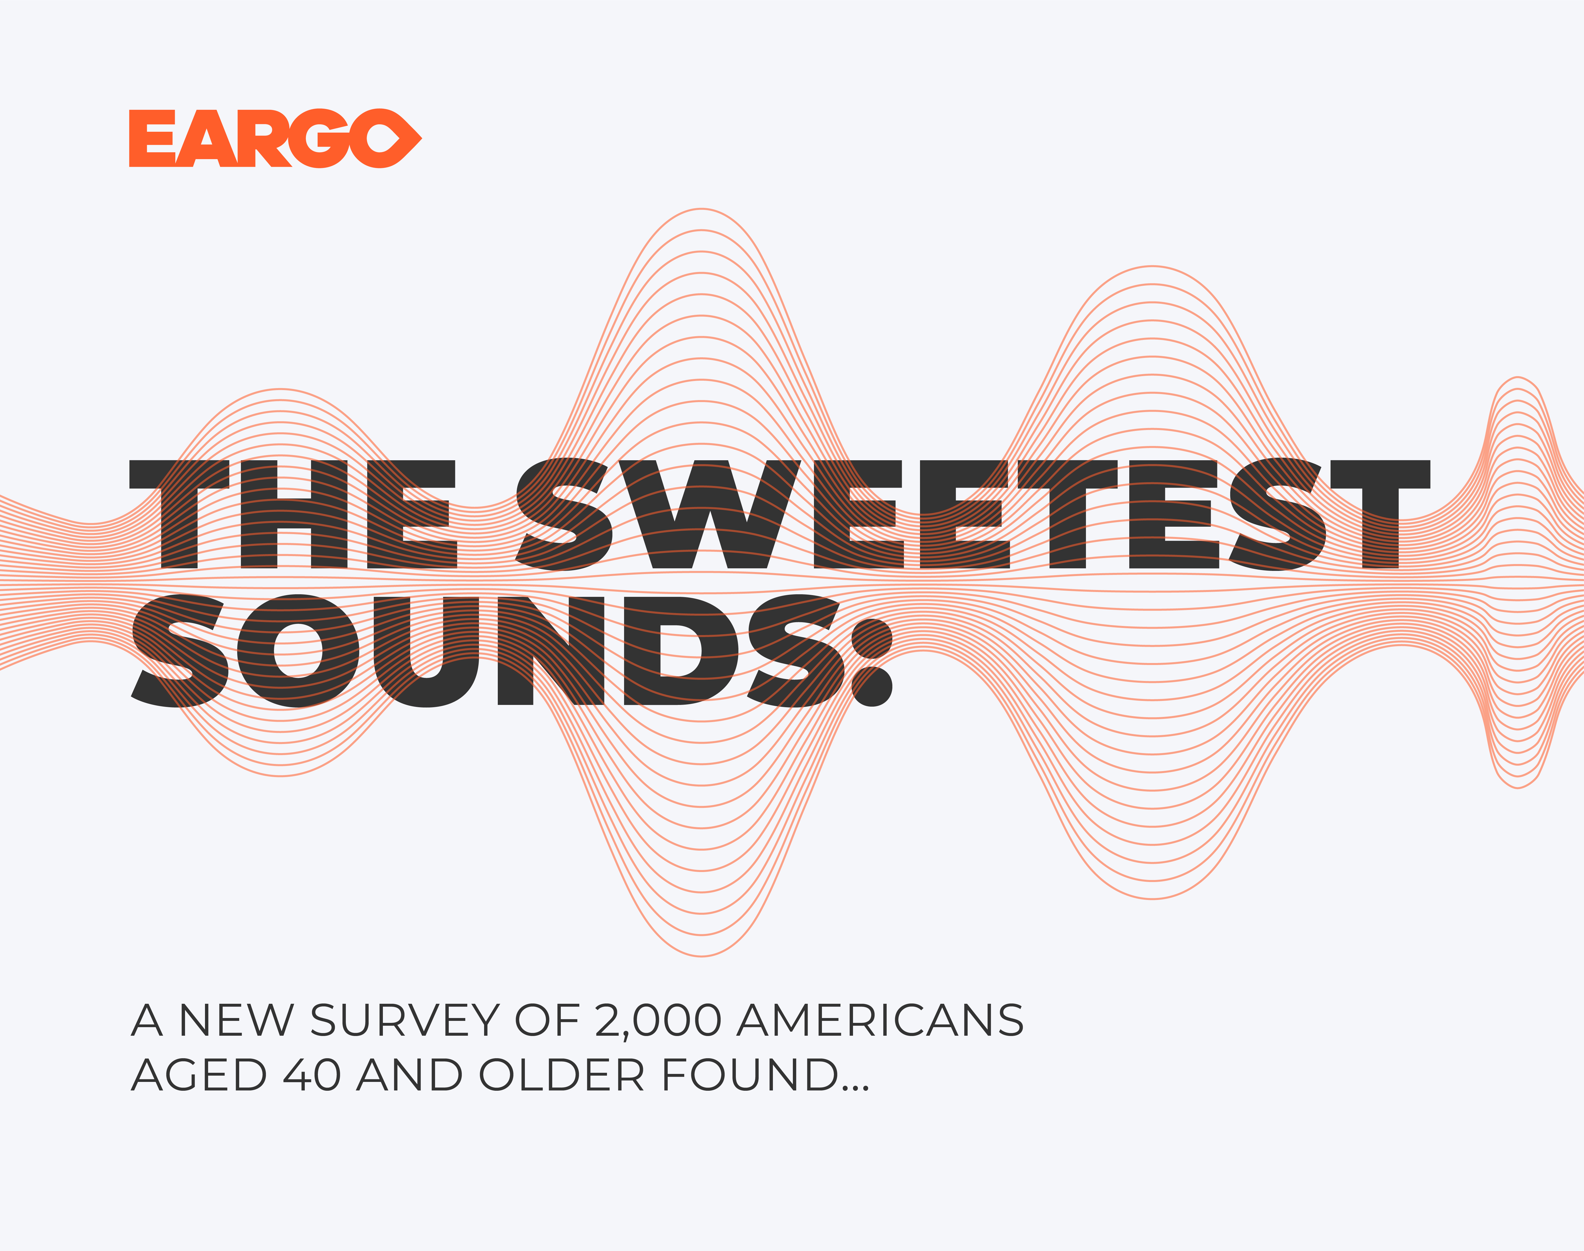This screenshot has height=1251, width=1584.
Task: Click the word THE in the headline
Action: click(293, 514)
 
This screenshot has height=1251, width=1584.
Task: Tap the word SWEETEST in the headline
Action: click(972, 514)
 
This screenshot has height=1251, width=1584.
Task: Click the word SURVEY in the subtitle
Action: click(404, 1020)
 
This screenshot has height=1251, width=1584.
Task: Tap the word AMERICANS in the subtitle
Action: click(880, 1020)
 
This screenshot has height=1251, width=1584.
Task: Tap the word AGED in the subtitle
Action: click(198, 1075)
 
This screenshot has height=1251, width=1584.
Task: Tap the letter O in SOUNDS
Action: click(300, 651)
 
